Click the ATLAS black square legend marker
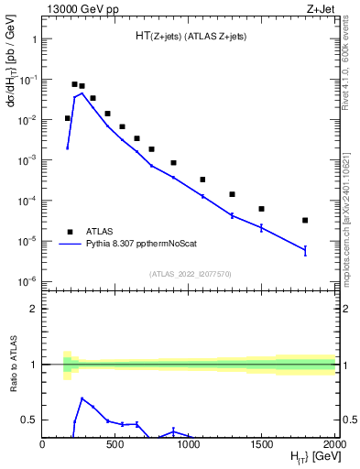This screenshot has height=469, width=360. tap(68, 232)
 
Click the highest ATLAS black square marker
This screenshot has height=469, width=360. tap(74, 84)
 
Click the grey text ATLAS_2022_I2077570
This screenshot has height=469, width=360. tap(189, 274)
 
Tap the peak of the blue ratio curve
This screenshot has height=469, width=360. tap(82, 398)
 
